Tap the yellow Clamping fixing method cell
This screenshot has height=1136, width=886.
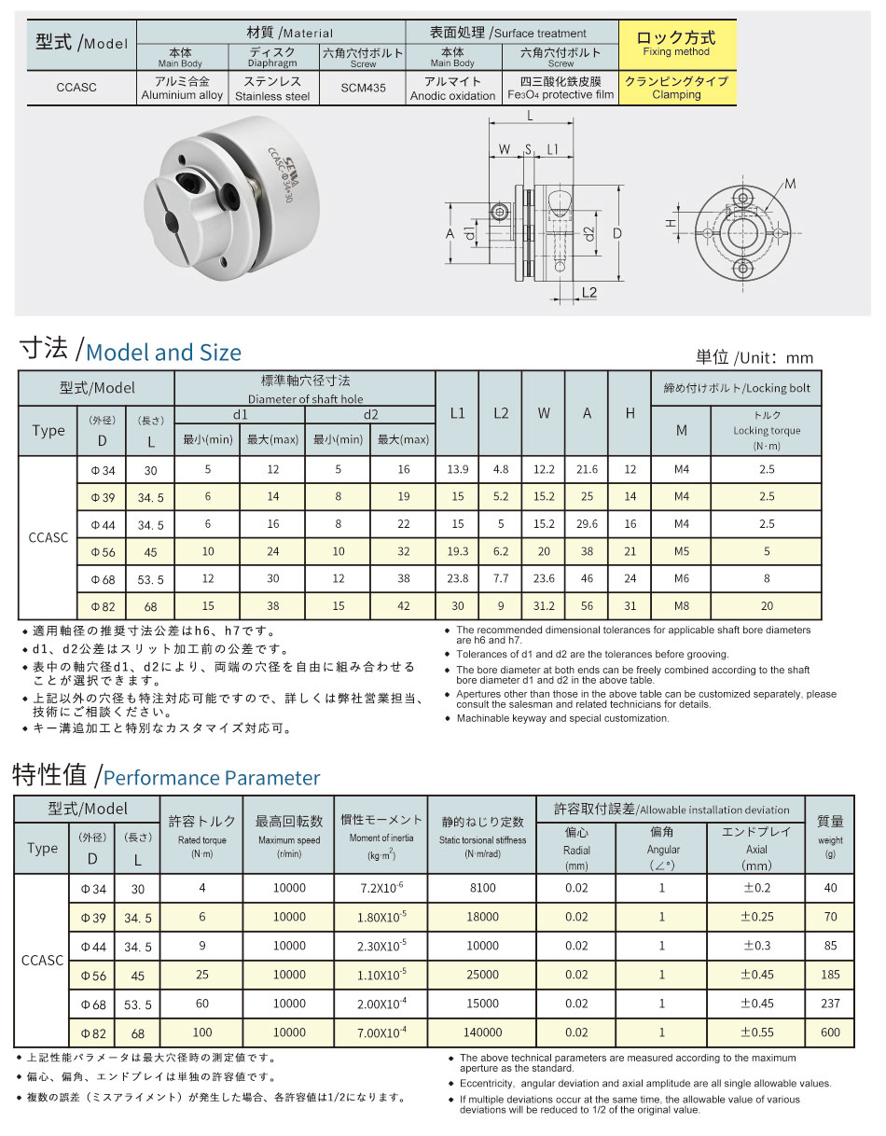click(677, 89)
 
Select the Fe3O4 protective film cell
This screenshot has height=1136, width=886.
click(561, 89)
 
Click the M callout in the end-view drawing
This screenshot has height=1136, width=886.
click(790, 185)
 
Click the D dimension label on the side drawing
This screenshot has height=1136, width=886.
click(617, 233)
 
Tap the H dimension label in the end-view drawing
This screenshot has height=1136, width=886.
click(670, 224)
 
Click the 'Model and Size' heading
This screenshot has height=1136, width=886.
click(163, 353)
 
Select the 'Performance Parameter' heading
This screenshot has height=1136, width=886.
click(211, 778)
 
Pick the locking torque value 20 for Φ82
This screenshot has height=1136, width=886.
click(767, 605)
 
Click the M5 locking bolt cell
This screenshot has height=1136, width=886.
click(681, 551)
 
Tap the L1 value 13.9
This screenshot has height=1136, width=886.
click(457, 470)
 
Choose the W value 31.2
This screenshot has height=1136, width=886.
click(544, 605)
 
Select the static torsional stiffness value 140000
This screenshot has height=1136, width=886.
click(482, 1032)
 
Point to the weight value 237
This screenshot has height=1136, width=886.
click(830, 1004)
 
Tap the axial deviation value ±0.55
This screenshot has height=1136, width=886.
click(756, 1032)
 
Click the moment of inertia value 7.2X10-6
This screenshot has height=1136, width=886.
click(381, 888)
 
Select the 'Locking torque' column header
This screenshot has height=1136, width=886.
click(767, 430)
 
